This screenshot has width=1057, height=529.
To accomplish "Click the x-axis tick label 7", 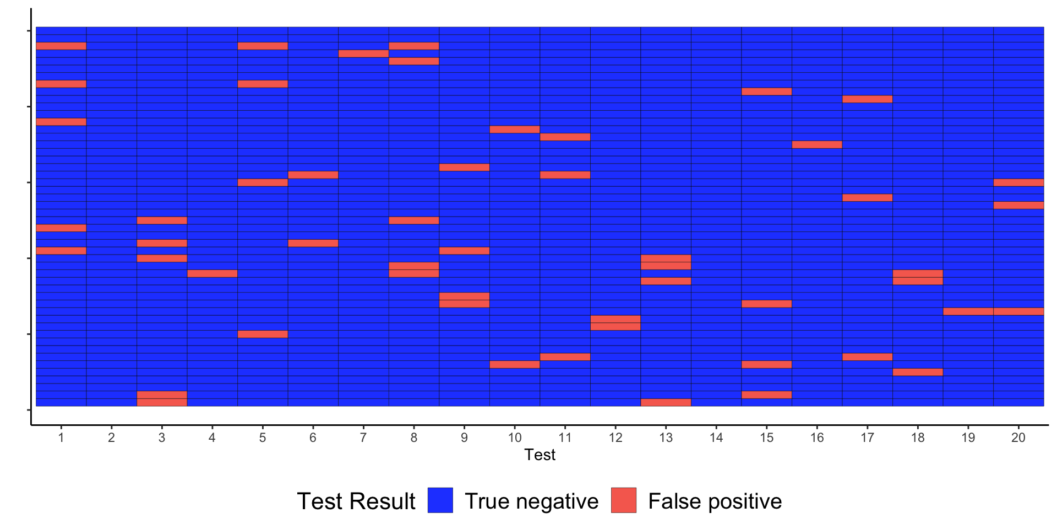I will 363,438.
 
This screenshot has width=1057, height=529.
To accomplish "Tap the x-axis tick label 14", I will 716,438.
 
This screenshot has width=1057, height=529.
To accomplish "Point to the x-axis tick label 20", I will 1018,438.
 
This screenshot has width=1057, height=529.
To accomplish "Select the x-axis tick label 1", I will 61,438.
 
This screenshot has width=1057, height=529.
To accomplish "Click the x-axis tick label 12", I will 615,438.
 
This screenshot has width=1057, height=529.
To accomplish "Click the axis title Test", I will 540,455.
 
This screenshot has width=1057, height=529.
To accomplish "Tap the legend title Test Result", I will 356,501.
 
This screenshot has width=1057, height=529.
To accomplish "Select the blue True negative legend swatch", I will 440,500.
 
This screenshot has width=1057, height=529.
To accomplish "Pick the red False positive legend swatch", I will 624,500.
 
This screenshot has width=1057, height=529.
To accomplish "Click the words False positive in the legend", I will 715,501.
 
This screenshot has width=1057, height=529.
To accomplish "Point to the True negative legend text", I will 531,501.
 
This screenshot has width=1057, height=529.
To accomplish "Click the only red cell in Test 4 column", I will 213,273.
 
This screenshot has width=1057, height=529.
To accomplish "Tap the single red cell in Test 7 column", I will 363,53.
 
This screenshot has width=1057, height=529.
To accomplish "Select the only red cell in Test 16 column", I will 817,144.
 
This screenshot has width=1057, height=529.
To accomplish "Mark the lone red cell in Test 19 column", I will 968,311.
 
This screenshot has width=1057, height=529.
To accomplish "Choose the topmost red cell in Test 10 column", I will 515,129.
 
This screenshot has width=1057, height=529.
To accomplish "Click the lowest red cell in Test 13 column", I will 666,402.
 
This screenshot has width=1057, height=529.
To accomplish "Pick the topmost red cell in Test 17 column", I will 867,99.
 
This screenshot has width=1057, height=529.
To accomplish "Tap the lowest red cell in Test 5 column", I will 263,334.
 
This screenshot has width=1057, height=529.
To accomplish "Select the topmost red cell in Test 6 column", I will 313,175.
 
